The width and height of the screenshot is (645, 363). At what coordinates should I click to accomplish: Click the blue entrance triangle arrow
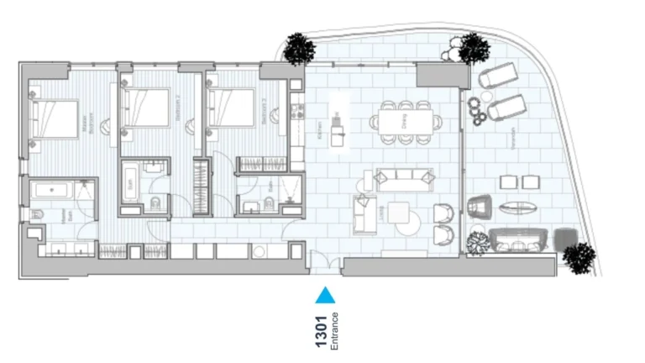pos(324,295)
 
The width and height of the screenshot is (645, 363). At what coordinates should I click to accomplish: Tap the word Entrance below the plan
pos(334,329)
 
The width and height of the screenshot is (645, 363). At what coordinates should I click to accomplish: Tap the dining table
pos(406,122)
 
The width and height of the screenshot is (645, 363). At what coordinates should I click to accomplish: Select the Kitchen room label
pos(320,131)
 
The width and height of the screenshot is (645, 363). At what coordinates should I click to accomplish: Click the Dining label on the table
pos(406,123)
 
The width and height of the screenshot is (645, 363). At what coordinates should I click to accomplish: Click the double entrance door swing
pos(324,262)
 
